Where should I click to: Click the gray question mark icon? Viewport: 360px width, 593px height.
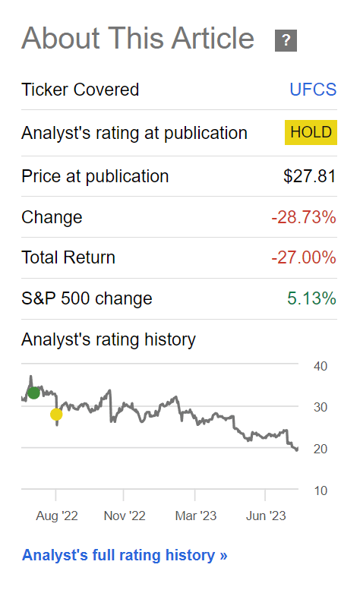coord(286,40)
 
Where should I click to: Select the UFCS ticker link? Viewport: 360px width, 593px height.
coord(313,90)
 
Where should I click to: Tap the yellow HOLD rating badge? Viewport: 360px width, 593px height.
coord(311,132)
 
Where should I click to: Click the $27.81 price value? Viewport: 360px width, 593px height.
coord(310,176)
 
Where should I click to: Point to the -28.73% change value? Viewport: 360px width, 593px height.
coord(304,217)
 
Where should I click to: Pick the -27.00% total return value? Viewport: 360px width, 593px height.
coord(304,257)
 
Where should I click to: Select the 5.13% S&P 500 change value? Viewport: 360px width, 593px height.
coord(311,298)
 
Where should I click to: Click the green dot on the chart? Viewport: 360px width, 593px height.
coord(33,393)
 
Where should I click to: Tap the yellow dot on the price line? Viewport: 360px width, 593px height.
coord(56,415)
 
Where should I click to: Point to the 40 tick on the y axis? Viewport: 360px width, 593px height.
coord(321,366)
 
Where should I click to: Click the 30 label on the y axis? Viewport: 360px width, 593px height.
coord(321,407)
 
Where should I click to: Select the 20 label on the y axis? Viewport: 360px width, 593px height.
coord(321,449)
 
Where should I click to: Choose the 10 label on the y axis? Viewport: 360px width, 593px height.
coord(321,490)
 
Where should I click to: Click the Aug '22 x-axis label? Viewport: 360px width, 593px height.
coord(57,516)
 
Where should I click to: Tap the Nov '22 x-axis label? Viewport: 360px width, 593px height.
coord(125,516)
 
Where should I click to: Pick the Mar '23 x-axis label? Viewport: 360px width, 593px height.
coord(195,516)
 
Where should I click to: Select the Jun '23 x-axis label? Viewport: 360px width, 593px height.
coord(266,516)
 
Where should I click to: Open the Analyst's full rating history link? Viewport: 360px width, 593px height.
coord(125,555)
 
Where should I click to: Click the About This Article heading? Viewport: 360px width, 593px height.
coord(137,38)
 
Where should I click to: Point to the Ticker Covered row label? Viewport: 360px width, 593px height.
coord(81,90)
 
